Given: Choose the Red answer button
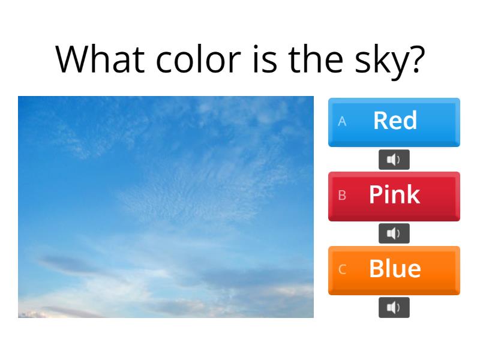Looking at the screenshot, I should pos(394,122).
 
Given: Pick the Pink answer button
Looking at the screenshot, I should pos(394,196).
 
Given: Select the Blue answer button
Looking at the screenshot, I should pos(394,270).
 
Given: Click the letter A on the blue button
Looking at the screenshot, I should pos(342,121).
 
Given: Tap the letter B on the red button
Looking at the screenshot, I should pos(342,195).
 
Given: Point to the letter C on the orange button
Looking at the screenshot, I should pos(342,269).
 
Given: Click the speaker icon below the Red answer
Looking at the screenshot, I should pos(394,160).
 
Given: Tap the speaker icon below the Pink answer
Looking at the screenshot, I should pos(394,233).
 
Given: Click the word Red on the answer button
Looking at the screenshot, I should pos(395,121).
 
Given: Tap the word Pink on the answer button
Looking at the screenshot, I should pos(394,194).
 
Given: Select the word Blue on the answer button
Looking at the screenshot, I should pos(395,268).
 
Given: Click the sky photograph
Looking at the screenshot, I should pos(166,207).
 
